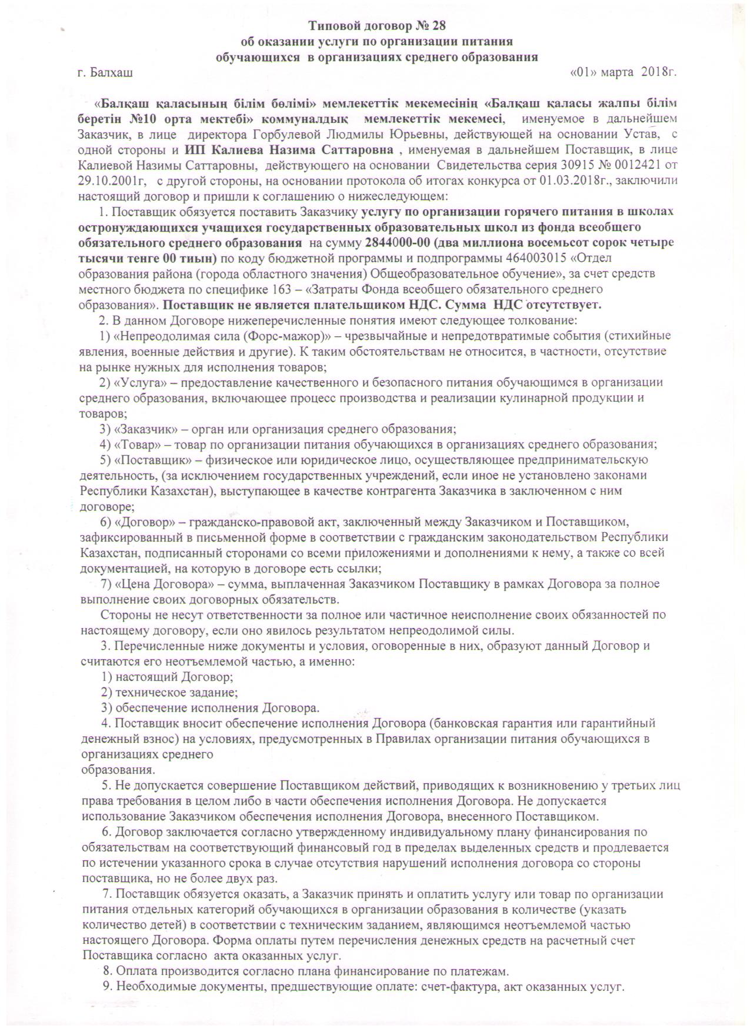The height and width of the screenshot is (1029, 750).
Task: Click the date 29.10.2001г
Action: pyautogui.click(x=110, y=179)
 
